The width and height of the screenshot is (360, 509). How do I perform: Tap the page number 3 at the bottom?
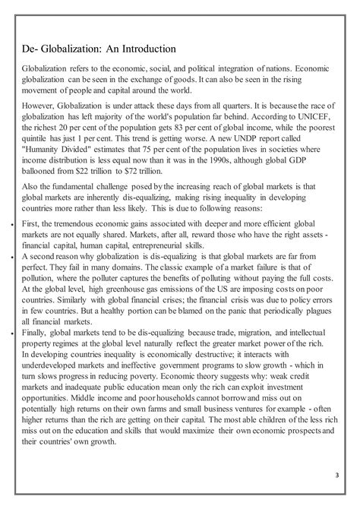click(x=336, y=477)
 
